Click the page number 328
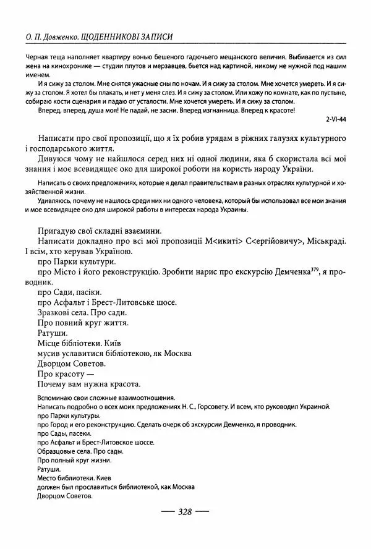[x=185, y=512]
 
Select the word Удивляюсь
[x=56, y=200]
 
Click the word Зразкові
[x=57, y=313]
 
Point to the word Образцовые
[x=58, y=451]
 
